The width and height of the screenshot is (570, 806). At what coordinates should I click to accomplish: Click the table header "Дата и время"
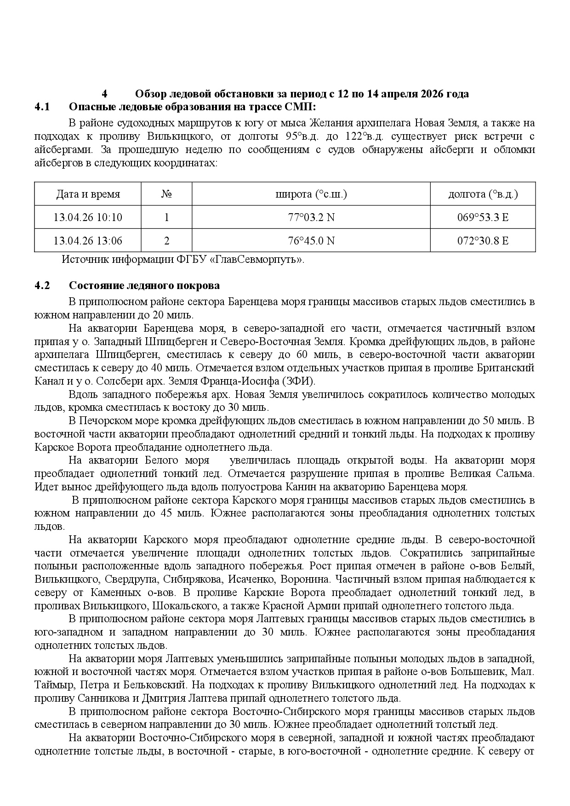88,194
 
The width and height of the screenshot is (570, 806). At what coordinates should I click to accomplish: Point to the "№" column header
166,194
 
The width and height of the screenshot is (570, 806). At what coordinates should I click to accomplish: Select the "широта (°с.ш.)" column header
311,194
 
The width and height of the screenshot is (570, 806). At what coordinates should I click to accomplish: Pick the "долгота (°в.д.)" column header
483,194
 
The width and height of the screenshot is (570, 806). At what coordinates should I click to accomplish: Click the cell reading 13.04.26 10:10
88,217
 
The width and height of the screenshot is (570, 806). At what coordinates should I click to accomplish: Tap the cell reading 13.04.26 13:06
88,240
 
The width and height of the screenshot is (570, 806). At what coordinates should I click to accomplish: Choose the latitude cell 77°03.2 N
311,217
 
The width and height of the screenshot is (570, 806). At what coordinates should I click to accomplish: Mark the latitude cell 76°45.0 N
311,240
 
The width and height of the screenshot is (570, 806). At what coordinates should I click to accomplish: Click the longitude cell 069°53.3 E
483,217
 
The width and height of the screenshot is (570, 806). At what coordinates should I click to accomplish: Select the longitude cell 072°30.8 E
483,240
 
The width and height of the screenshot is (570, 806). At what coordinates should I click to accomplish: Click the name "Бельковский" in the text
155,685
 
